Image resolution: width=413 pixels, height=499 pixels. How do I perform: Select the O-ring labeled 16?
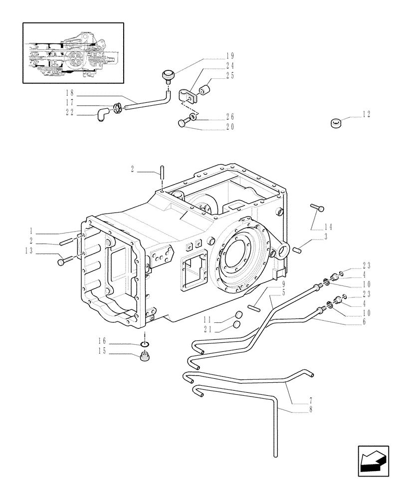pos(145,344)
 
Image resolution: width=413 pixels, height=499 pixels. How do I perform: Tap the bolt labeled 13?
pos(61,260)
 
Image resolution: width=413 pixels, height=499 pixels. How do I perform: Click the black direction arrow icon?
pos(373,462)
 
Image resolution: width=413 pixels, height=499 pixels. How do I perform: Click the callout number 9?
pos(283,283)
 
